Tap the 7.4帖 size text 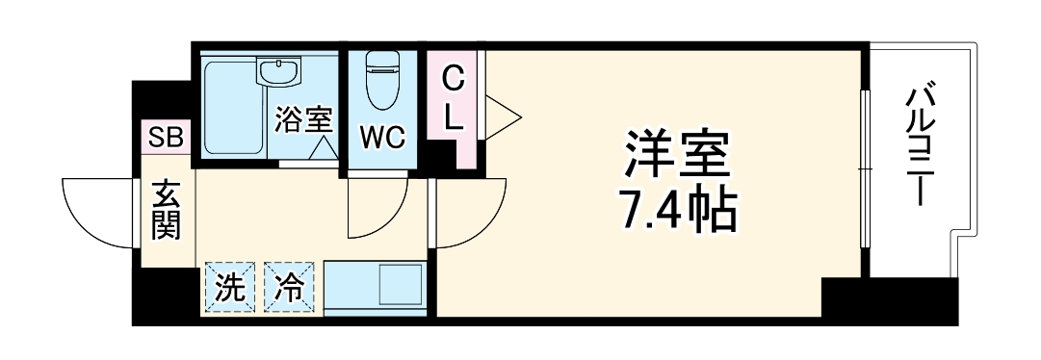tap(678, 209)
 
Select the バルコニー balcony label tap(923, 144)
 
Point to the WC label tap(381, 137)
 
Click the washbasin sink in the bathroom tap(279, 71)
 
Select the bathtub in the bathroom tap(231, 106)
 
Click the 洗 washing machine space tap(228, 289)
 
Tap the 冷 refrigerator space tap(290, 289)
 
